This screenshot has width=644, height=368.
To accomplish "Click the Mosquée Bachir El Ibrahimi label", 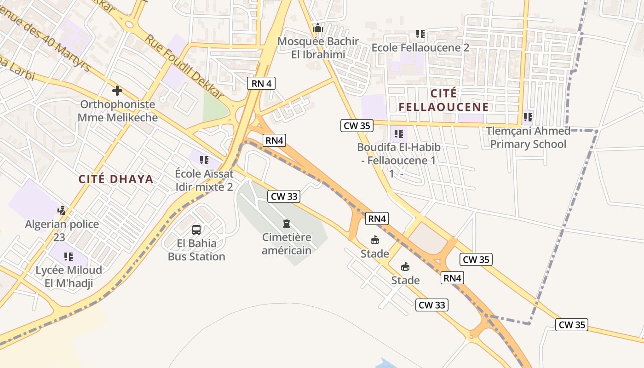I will click(x=318, y=48).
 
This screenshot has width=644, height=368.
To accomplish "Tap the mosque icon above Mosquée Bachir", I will click(x=318, y=28).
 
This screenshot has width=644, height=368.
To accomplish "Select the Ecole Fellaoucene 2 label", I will click(x=420, y=47).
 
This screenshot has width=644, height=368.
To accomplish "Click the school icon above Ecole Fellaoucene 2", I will click(x=420, y=34).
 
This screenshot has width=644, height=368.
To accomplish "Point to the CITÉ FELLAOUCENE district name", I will click(x=443, y=100).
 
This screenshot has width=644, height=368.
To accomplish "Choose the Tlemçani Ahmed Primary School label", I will click(x=528, y=138).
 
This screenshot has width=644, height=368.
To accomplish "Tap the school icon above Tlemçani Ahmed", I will click(x=528, y=117).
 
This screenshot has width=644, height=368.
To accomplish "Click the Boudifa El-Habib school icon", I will click(x=399, y=134).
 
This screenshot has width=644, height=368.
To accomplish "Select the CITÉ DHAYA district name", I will click(x=116, y=179).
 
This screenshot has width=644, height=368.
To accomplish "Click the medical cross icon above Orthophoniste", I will click(x=117, y=91).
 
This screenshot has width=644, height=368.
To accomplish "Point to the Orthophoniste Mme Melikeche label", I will click(x=117, y=111).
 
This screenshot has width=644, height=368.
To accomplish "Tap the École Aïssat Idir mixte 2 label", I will click(x=204, y=180).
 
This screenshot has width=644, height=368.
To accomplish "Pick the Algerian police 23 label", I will click(x=62, y=231).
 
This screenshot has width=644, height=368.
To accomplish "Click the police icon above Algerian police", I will click(x=61, y=211).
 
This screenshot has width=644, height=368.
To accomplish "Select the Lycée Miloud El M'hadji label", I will click(x=69, y=276).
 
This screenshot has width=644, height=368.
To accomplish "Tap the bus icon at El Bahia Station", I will click(x=196, y=230).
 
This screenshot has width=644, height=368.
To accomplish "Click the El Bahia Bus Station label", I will click(x=196, y=250).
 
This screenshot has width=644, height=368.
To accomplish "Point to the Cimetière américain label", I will click(x=287, y=244).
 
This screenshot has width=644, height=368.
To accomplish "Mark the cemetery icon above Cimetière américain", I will click(x=287, y=224).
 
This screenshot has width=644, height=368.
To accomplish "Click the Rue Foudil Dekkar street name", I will click(x=184, y=66).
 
